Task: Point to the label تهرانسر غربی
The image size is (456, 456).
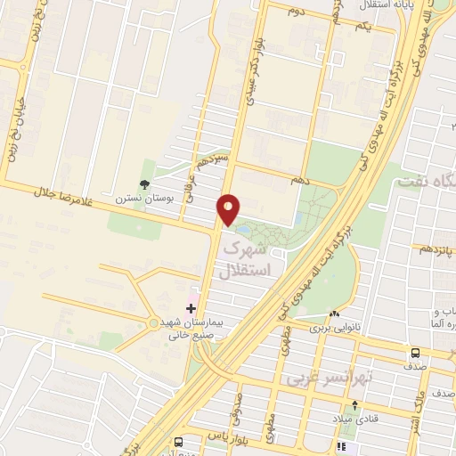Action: point(320,378)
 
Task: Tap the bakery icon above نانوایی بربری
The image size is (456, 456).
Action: point(334,314)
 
